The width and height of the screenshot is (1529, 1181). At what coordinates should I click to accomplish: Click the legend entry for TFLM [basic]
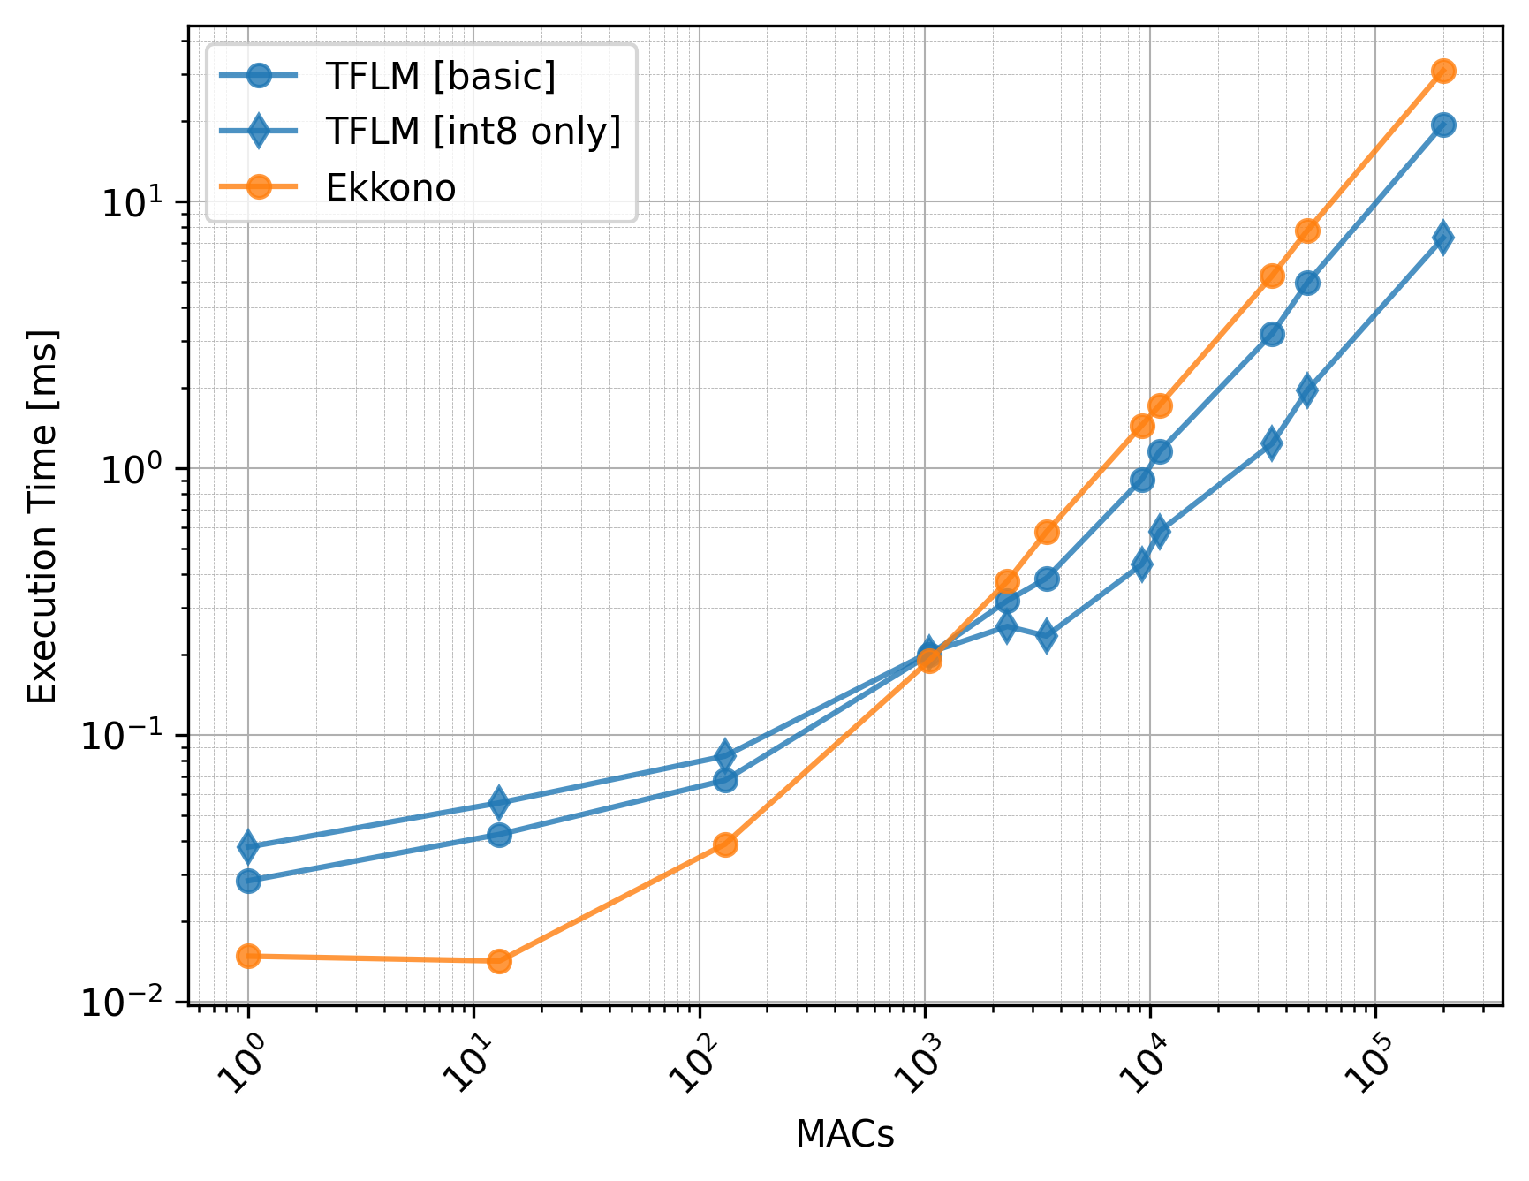pos(440,77)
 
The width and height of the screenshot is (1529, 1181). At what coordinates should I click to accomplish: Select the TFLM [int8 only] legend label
pos(473,132)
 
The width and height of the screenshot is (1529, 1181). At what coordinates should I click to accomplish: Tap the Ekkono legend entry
pos(390,188)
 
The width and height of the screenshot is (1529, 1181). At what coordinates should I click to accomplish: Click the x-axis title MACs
pos(844,1134)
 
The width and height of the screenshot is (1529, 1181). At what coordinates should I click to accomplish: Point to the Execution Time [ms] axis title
pos(42,517)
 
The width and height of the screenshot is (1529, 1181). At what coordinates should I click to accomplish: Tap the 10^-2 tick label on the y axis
pos(125,1003)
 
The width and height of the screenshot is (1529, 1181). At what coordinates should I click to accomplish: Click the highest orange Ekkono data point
pos(1443,72)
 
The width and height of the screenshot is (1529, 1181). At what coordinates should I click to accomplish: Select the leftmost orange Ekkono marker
pos(249,956)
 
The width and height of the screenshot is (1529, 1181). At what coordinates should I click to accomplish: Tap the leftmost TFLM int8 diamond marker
pos(249,847)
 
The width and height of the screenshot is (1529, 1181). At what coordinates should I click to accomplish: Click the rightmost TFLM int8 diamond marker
pos(1443,237)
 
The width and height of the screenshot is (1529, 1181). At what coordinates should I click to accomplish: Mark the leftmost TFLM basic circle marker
pos(249,881)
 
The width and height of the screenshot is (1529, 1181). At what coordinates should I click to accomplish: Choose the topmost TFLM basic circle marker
pos(1443,125)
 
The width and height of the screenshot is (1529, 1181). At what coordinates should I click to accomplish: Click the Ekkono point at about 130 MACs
pos(725,844)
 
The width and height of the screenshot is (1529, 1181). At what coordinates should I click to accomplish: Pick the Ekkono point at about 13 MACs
pos(499,961)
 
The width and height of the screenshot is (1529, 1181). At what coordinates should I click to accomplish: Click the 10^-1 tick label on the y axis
pos(125,737)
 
